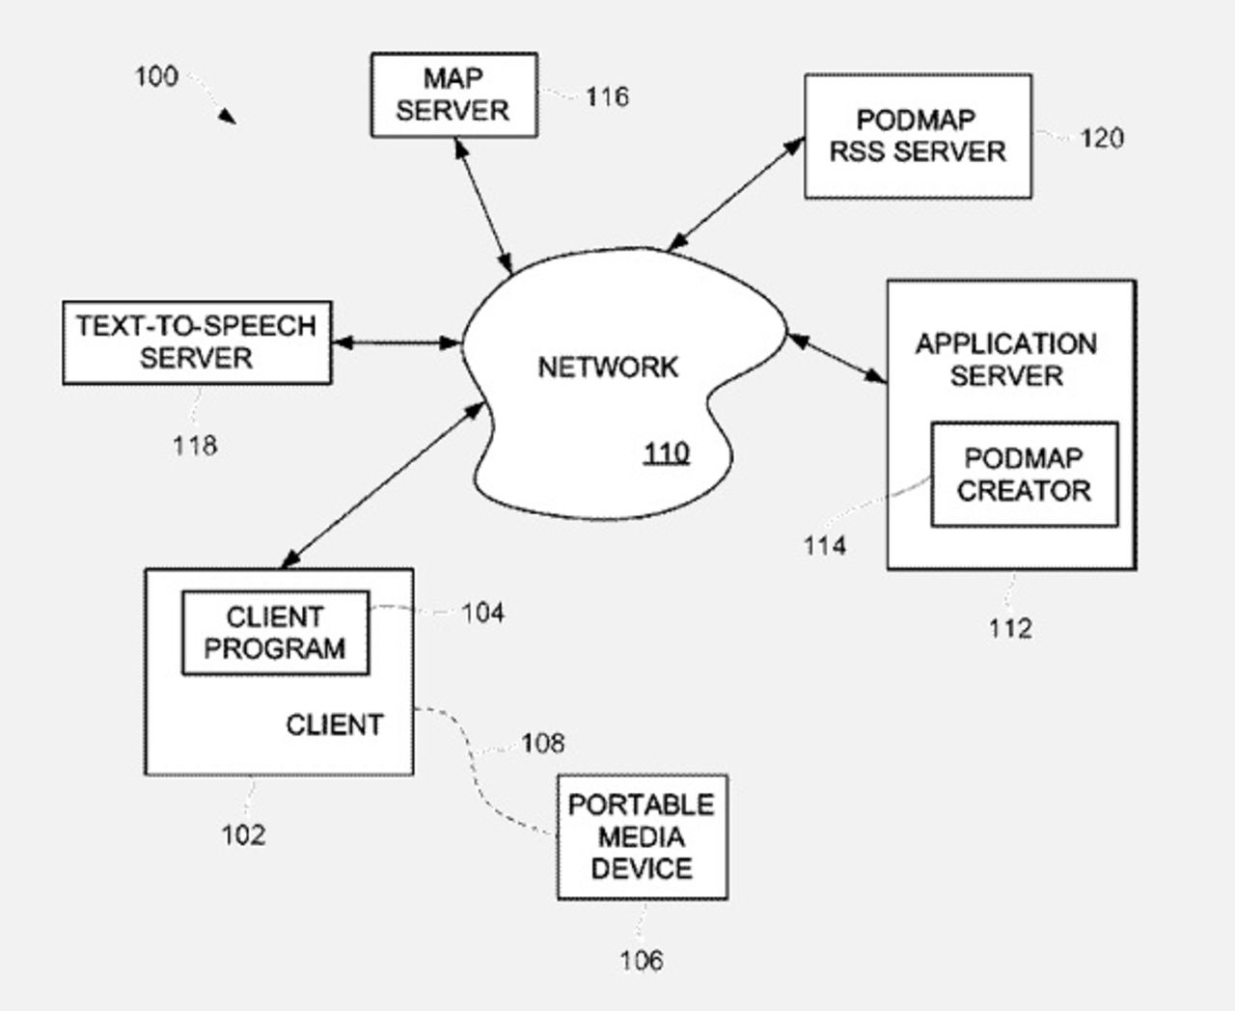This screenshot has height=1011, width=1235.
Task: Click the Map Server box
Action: tap(453, 95)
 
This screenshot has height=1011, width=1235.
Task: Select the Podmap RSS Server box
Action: tap(918, 136)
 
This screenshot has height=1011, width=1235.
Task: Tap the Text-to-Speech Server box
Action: tap(197, 342)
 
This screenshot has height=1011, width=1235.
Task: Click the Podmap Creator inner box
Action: tap(1024, 474)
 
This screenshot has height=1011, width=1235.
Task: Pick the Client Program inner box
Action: tap(275, 633)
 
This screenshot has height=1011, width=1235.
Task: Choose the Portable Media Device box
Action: tap(642, 836)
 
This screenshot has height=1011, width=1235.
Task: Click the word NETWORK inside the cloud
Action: tap(608, 368)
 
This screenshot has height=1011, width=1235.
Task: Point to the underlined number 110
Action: tap(667, 452)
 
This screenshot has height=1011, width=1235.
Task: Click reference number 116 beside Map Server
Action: tap(607, 96)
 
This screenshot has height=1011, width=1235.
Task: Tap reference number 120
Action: tap(1102, 138)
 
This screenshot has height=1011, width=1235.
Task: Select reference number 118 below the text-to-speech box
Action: tap(195, 446)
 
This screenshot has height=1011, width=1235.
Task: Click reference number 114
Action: tap(825, 546)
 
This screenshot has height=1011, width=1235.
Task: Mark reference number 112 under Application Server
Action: tap(1010, 629)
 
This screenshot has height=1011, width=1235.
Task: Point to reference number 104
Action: tap(482, 613)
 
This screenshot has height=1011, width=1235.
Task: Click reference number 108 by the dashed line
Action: tap(543, 743)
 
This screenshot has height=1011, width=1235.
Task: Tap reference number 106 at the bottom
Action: tap(642, 960)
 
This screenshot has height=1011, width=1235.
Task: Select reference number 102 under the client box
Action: tap(243, 834)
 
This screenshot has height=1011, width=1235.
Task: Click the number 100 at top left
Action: tap(156, 76)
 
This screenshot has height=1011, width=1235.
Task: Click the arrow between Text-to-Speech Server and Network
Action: tap(397, 342)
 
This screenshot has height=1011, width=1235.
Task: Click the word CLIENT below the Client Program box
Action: tap(334, 724)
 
